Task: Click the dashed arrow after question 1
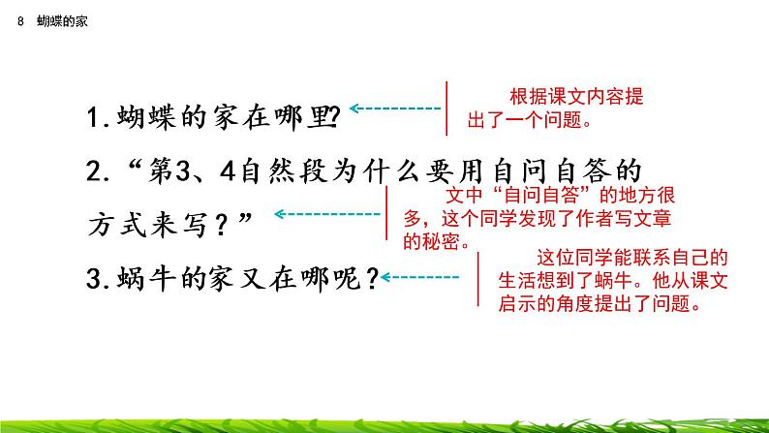tap(392, 109)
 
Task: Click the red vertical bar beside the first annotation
tap(446, 109)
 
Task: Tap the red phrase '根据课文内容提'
tap(576, 98)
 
